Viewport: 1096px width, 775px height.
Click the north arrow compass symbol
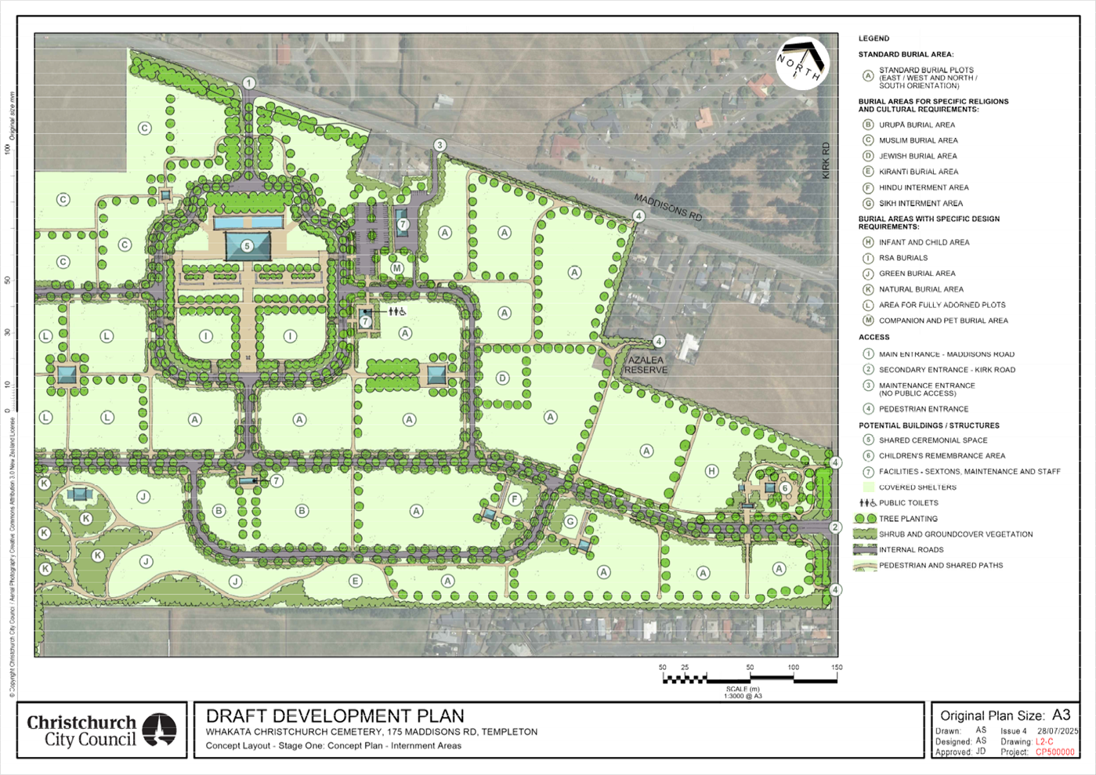point(801,63)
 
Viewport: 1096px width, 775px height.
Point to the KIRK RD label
point(825,161)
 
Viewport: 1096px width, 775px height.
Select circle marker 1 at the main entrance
point(249,83)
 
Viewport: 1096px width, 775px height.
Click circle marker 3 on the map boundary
point(440,145)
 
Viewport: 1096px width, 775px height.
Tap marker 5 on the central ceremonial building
point(248,246)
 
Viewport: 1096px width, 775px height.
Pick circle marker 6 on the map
point(783,487)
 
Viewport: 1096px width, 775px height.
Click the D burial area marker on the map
point(503,378)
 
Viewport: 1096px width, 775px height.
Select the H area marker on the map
point(711,471)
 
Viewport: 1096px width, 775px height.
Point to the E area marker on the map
point(355,581)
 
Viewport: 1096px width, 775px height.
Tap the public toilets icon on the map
point(396,311)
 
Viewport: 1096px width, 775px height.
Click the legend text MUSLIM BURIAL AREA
point(918,140)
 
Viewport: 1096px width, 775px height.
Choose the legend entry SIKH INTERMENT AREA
point(921,203)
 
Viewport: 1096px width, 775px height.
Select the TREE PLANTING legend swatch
point(865,519)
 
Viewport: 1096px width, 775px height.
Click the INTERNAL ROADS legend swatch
point(865,550)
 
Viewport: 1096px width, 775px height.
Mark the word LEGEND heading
point(874,38)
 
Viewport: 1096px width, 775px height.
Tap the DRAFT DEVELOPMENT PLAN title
point(335,715)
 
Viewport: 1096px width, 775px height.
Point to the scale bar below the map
point(750,678)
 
